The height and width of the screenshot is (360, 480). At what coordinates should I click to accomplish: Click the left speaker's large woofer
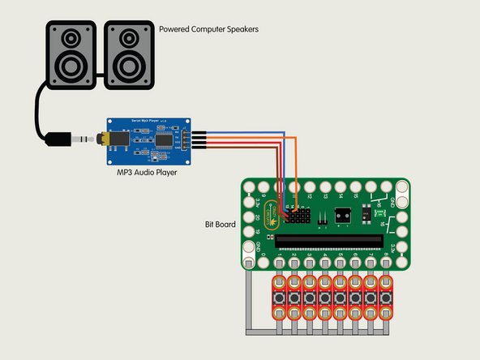[71, 65]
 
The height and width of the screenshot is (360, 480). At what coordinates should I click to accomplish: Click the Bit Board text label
[219, 223]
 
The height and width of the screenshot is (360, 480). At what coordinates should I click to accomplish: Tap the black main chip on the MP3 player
[162, 140]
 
